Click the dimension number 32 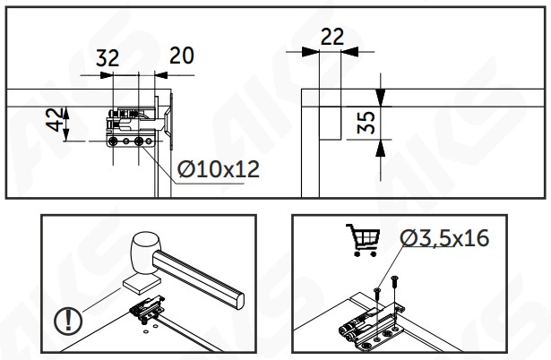108,58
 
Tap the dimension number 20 182,56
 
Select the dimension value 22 332,37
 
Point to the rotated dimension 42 55,120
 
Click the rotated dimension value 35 366,122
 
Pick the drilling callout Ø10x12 219,169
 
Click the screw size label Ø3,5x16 444,238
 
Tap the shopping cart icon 363,240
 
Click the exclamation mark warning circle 68,321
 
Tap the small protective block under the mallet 142,284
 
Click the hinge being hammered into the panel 147,310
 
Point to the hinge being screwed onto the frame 371,329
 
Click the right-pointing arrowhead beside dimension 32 107,75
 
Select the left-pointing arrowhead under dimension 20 161,75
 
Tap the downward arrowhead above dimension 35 381,98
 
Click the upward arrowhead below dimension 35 381,148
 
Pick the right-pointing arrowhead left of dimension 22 310,52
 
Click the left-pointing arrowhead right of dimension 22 349,52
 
